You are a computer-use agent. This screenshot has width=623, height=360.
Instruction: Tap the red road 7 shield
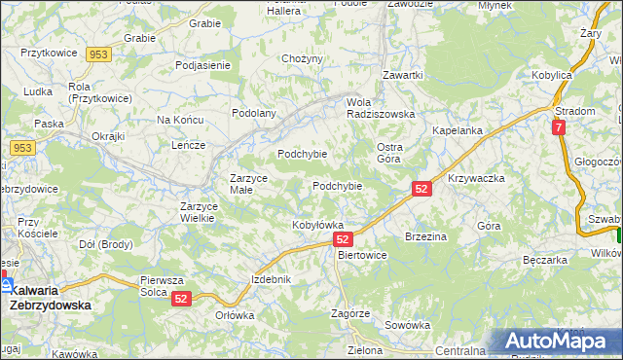point(558,127)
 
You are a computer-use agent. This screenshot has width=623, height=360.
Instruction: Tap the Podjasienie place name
point(202,65)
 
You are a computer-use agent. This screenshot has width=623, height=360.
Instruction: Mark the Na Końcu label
point(179,120)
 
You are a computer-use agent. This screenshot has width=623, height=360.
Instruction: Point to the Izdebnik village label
point(272,279)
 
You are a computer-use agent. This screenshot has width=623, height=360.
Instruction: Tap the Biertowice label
point(362,255)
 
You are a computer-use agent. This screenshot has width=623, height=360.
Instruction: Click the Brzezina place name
point(425,236)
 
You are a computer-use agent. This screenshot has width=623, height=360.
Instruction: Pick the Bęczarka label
point(544,261)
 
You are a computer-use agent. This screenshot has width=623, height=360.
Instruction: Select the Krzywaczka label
point(476,179)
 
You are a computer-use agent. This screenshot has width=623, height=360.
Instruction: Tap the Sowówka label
point(407,325)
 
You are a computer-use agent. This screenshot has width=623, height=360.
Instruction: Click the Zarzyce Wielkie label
point(204,212)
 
